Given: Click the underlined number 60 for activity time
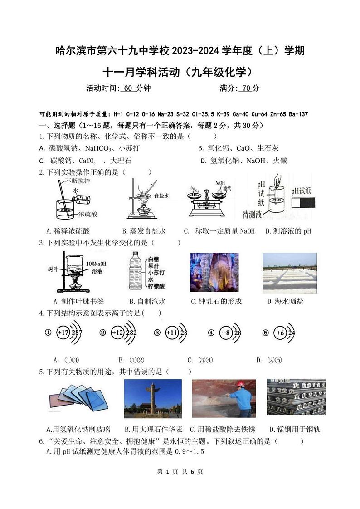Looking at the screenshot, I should coord(128,88).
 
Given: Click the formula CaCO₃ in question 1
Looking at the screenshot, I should coord(88,161).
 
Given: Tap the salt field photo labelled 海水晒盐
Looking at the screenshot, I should coord(289,272).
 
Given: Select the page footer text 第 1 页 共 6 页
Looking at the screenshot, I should coord(180,472).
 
